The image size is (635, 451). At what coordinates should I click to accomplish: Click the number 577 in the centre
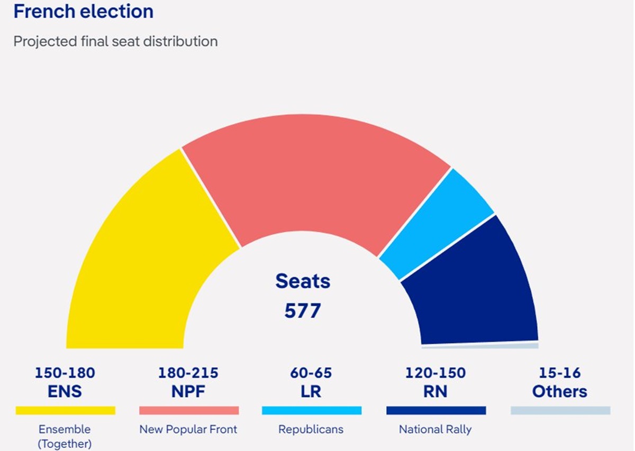point(303,310)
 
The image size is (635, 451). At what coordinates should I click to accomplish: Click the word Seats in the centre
point(303,281)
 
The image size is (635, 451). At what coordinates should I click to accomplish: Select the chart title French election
point(84,12)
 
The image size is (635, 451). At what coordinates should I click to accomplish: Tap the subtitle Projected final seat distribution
point(115,41)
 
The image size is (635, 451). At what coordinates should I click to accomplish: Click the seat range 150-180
point(65,373)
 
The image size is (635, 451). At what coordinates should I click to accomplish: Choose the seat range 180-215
point(188,373)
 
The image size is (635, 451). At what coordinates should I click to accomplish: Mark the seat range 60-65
point(311,373)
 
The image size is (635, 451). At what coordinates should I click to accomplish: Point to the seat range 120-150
point(436,373)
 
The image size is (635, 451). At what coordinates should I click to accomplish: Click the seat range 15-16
point(560,373)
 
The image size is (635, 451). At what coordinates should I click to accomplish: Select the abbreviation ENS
point(65,392)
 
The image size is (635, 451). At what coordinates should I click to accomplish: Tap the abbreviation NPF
point(188,392)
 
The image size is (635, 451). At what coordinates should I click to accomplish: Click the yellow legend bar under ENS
point(65,410)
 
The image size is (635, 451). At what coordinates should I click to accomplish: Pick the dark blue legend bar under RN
point(436,410)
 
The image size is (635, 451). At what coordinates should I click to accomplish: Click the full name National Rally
point(435,429)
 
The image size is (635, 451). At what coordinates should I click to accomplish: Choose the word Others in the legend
point(560,392)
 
